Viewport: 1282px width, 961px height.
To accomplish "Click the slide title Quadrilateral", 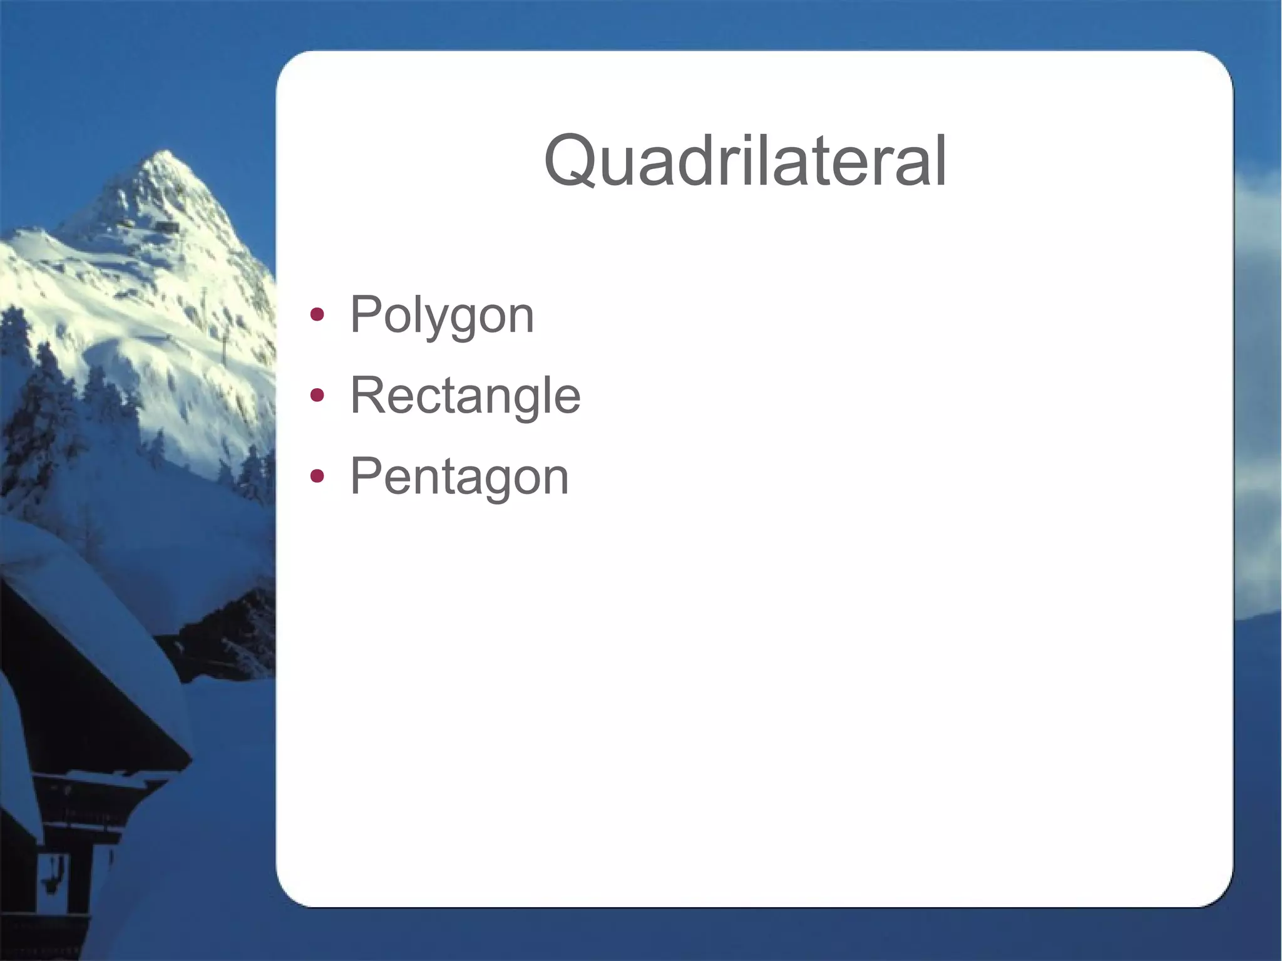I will [x=745, y=162].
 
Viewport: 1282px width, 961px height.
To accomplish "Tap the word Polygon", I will [x=442, y=315].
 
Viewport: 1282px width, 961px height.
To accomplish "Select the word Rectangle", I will [x=465, y=396].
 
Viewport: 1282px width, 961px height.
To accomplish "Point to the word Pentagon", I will [x=459, y=477].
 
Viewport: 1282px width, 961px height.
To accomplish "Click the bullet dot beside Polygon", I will [x=317, y=314].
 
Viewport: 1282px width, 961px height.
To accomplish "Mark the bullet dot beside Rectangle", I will [x=317, y=396].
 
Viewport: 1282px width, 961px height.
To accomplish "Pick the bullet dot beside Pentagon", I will [x=317, y=477].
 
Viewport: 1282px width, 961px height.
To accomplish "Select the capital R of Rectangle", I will [x=367, y=395].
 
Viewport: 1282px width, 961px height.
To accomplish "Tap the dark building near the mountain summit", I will [x=166, y=225].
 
